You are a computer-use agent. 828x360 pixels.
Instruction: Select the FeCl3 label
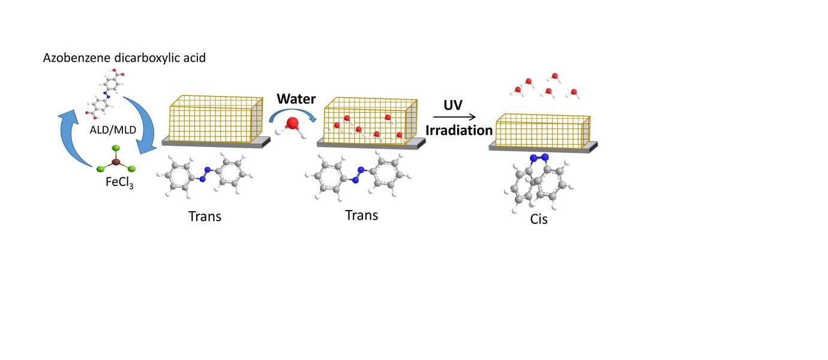click(119, 182)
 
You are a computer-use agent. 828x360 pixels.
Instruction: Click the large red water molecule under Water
click(293, 124)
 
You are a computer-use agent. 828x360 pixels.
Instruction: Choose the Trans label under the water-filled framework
click(361, 214)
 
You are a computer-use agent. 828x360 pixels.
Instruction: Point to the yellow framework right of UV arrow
click(542, 129)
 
